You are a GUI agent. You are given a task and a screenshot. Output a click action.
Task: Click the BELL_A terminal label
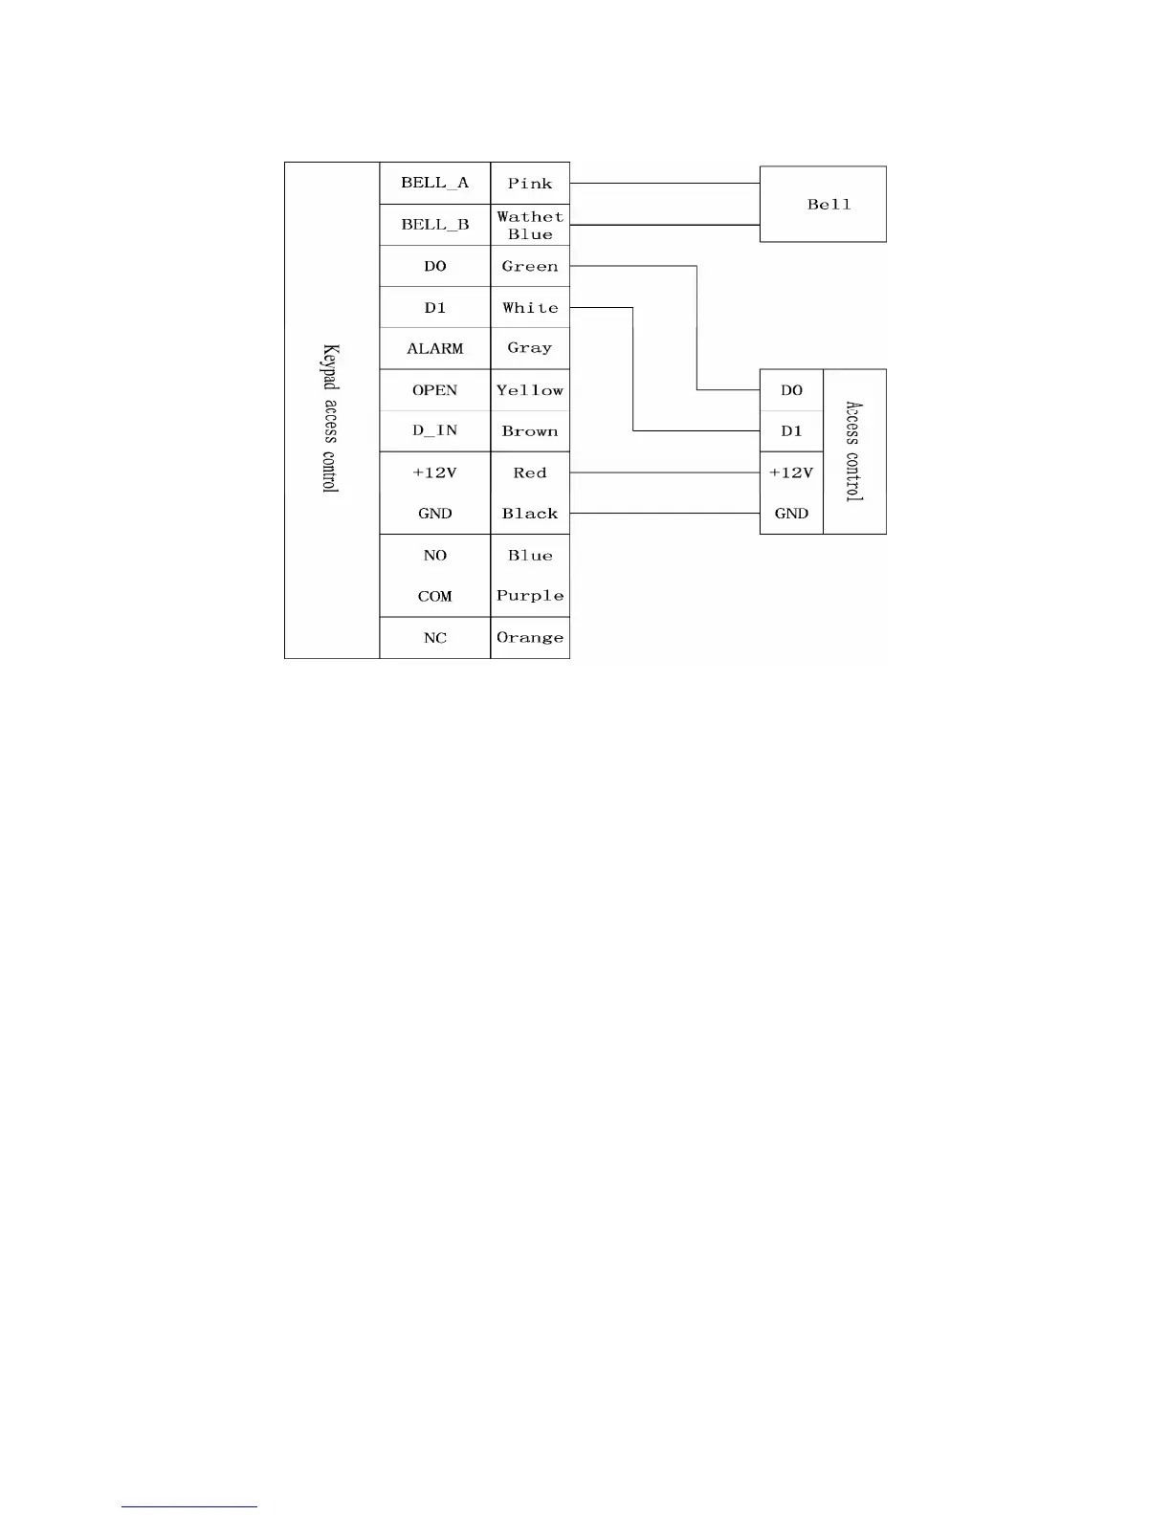point(434,183)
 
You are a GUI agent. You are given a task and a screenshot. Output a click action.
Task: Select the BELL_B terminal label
point(434,225)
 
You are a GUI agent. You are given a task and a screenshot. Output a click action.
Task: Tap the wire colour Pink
point(530,184)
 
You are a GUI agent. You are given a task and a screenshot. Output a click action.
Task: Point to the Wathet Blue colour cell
point(530,226)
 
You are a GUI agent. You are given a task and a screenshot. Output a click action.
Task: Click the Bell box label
point(829,205)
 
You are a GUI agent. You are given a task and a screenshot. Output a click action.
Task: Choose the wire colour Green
point(530,267)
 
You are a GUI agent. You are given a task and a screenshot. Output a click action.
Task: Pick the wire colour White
point(530,308)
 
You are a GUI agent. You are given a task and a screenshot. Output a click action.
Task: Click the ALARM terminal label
point(434,349)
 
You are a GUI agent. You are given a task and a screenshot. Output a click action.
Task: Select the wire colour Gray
point(530,348)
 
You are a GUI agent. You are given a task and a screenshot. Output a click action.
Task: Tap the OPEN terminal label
point(434,390)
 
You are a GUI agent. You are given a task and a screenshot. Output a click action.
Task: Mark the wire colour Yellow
point(530,390)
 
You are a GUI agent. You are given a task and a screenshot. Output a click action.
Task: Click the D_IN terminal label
point(434,430)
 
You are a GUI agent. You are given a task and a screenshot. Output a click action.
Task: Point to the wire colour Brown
point(530,431)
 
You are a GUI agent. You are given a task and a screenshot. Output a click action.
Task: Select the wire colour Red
point(530,472)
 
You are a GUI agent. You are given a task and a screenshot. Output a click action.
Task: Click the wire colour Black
point(530,514)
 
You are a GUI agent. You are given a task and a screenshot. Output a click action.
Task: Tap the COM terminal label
point(434,597)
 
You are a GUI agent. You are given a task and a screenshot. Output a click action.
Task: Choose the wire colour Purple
point(530,596)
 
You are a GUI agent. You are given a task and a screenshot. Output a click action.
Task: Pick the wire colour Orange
point(530,638)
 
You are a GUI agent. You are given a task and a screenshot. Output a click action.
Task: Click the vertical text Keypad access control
point(330,418)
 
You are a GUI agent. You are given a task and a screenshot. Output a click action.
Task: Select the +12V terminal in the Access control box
point(791,472)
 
